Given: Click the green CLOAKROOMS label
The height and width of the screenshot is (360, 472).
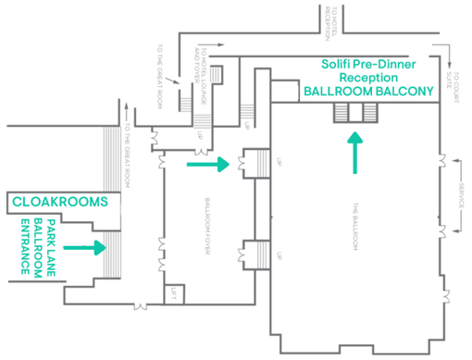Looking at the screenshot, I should (x=59, y=201).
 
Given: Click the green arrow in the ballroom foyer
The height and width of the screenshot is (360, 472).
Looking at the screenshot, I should (x=207, y=165).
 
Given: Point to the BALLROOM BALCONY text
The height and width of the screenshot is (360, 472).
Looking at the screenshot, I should (x=370, y=93).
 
